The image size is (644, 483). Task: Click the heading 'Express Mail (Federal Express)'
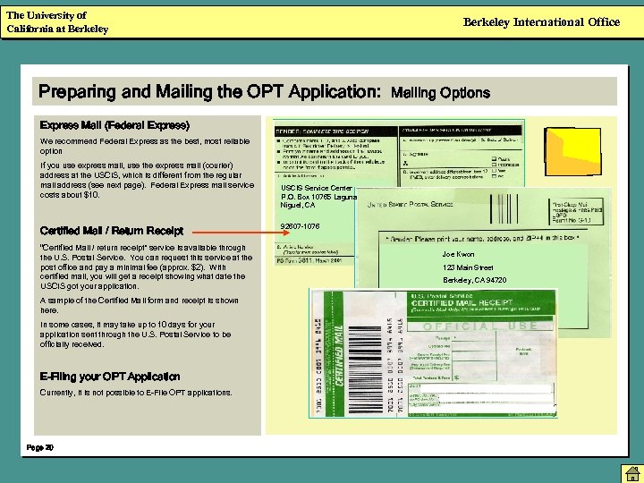point(114,123)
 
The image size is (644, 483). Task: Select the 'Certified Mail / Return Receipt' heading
point(113,230)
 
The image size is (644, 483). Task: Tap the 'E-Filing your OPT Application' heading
point(110,377)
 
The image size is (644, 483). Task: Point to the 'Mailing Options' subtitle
point(441,92)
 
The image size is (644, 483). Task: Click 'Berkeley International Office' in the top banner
point(541,22)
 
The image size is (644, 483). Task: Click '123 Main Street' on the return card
point(468,267)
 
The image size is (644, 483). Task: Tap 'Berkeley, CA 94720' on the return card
point(474,280)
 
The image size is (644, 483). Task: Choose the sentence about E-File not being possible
point(123,393)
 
